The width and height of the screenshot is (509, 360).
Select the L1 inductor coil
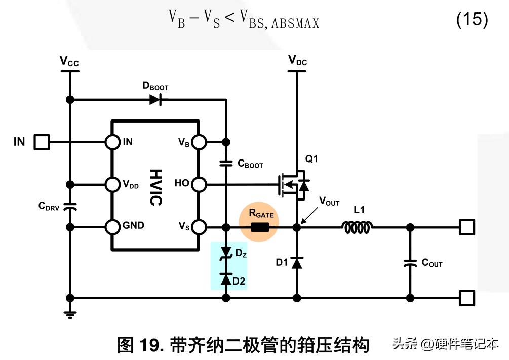click(359, 228)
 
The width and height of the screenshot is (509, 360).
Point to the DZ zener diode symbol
click(226, 255)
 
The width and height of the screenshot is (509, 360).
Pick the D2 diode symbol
click(226, 278)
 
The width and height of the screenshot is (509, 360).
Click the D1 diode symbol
click(297, 263)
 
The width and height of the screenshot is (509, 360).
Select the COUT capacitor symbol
click(410, 263)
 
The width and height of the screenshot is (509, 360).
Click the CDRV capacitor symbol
click(70, 206)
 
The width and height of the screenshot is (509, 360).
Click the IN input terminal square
click(42, 142)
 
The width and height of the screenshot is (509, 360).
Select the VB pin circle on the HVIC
click(199, 142)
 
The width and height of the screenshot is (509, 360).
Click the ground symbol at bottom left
click(70, 314)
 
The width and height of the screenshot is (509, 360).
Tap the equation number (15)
click(472, 20)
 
